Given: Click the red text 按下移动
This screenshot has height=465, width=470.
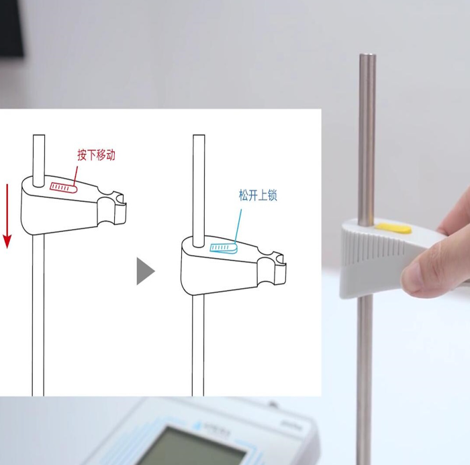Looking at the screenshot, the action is coord(96,155).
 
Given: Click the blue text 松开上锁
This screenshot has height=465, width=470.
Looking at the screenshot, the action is coord(258,195).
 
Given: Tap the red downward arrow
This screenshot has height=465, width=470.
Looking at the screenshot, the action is coord(7,216).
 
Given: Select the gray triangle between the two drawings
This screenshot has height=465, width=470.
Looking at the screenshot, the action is coord(146,271).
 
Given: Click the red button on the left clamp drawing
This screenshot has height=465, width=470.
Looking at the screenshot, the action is coord(63,187).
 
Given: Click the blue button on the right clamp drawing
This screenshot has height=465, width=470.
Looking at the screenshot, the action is coord(224,247).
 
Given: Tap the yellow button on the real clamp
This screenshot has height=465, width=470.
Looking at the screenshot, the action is coord(393,228).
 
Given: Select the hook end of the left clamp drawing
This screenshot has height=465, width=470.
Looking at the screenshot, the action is coord(120,208).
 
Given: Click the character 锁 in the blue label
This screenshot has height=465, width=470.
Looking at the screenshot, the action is coord(272,195).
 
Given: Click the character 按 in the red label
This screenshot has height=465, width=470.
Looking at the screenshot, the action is coord(82,155).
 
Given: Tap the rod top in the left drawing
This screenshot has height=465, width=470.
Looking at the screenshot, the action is coord(39,136).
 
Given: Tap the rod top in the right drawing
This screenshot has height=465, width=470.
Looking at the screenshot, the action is coord(199,136).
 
